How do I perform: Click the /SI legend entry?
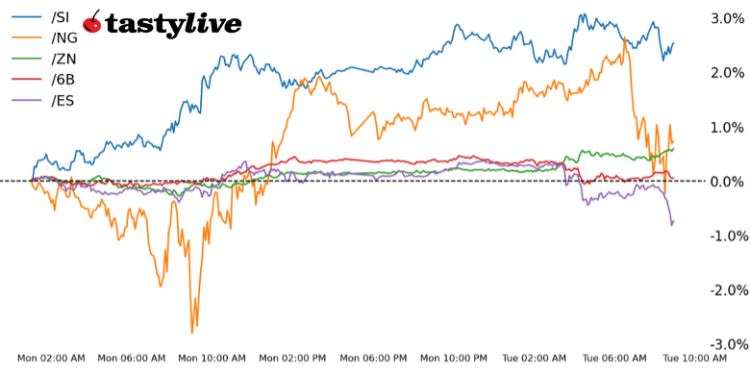[60, 16]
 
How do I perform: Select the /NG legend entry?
[62, 37]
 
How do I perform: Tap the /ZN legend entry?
[62, 59]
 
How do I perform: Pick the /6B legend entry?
[62, 80]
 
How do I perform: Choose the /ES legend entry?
[62, 101]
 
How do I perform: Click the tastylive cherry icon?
[93, 23]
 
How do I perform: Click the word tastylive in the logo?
[173, 25]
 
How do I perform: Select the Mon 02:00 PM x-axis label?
[294, 358]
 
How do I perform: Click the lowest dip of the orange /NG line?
[192, 332]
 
